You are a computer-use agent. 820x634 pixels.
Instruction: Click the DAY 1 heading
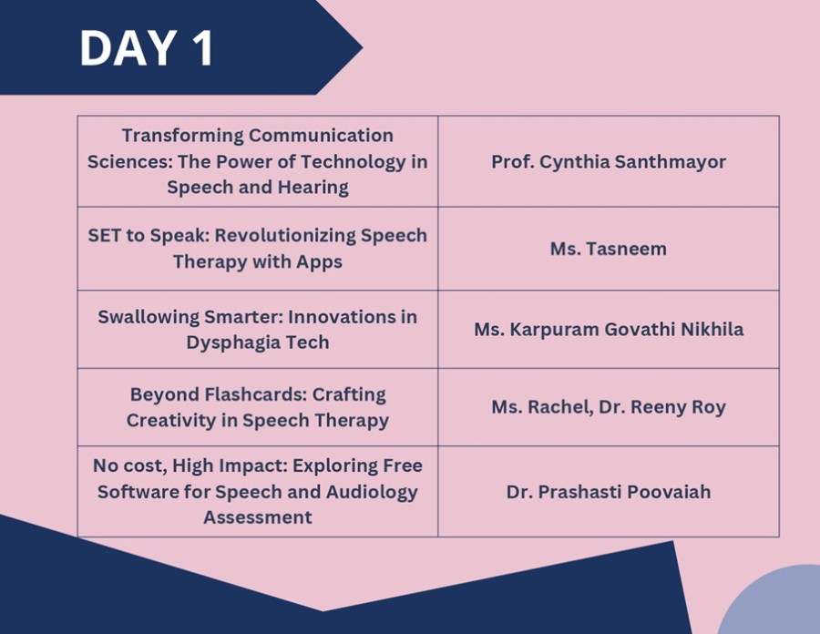[147, 47]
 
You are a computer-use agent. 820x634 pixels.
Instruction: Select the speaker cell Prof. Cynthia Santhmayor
[609, 161]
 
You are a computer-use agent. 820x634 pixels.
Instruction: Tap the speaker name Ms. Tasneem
[609, 249]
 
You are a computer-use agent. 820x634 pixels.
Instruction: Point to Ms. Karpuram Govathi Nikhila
[609, 329]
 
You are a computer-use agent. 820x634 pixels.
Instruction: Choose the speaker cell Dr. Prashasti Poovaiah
[609, 492]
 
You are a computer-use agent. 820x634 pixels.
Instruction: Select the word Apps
[319, 261]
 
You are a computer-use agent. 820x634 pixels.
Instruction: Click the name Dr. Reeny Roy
[662, 407]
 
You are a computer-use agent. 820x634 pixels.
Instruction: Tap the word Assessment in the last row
[257, 517]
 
